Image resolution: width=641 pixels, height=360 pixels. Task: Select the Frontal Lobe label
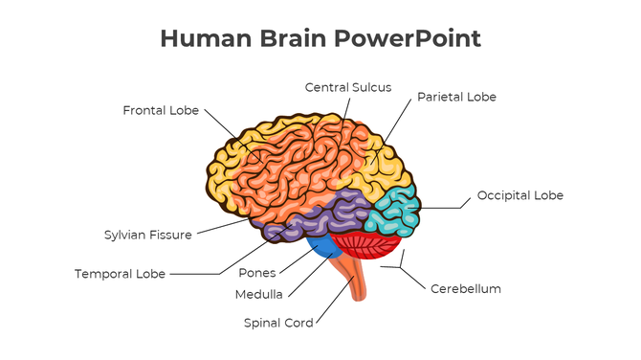161,110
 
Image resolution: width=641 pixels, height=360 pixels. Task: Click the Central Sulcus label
348,87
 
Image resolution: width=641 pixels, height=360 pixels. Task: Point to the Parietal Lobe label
456,97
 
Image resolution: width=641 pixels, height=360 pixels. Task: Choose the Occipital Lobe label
520,195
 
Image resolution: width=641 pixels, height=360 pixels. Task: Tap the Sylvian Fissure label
147,235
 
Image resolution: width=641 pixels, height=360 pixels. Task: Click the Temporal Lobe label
121,274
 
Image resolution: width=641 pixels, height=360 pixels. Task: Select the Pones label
257,273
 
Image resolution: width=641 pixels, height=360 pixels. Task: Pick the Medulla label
257,294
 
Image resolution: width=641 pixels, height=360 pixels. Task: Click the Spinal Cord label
278,323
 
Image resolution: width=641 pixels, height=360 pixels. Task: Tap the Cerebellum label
466,288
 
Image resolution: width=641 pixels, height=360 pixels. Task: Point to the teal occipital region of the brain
394,210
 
